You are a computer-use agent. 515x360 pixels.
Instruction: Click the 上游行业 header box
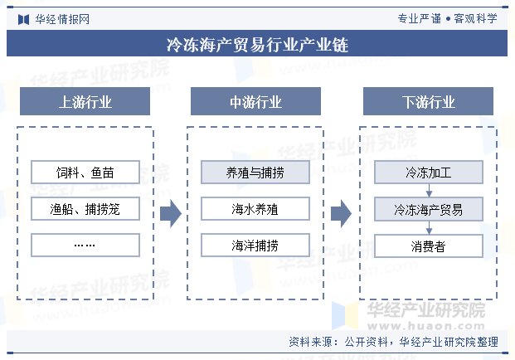point(85,101)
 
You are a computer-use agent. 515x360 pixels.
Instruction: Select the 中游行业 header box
point(255,101)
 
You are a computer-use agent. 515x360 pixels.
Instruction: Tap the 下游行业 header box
point(428,101)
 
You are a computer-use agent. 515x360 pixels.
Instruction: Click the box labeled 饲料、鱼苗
point(85,172)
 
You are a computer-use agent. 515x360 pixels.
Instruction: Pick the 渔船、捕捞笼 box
point(85,208)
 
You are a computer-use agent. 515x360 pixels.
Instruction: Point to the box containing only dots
point(85,245)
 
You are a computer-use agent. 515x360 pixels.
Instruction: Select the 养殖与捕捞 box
point(255,172)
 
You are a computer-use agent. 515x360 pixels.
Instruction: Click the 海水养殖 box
point(255,208)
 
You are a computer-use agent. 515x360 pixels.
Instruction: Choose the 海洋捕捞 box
point(255,245)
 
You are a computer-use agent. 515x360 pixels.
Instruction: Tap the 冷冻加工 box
point(429,172)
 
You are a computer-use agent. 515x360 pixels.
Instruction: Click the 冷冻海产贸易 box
point(429,209)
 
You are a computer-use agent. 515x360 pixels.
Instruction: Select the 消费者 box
point(429,246)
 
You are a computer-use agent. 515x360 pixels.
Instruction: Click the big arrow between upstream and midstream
point(171,213)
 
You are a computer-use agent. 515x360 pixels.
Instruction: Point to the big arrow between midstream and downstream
point(341,213)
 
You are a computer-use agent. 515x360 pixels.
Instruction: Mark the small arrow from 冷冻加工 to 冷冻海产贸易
point(429,191)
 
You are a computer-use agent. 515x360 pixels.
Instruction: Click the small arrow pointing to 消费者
point(429,227)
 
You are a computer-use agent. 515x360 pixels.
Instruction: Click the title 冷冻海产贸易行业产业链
point(257,45)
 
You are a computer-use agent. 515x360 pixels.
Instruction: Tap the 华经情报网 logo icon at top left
point(24,19)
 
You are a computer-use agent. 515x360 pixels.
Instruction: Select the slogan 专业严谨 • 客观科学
point(447,19)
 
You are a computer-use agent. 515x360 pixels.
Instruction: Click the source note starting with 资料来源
point(393,342)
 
